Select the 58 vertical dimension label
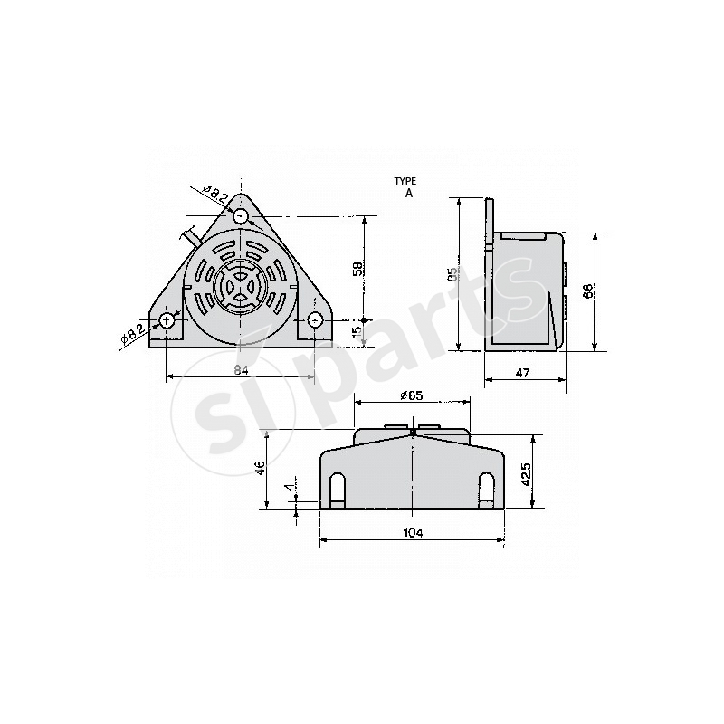(x=358, y=268)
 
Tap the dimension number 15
(x=357, y=332)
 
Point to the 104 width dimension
(x=412, y=533)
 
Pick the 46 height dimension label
(x=261, y=468)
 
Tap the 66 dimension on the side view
(x=586, y=291)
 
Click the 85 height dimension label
(x=451, y=275)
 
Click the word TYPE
(x=407, y=181)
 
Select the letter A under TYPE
(x=408, y=193)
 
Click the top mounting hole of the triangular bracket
(x=241, y=215)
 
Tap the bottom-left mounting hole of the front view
(x=167, y=320)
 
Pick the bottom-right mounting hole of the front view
(x=315, y=320)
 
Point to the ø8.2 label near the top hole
(x=214, y=192)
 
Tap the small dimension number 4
(x=290, y=488)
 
